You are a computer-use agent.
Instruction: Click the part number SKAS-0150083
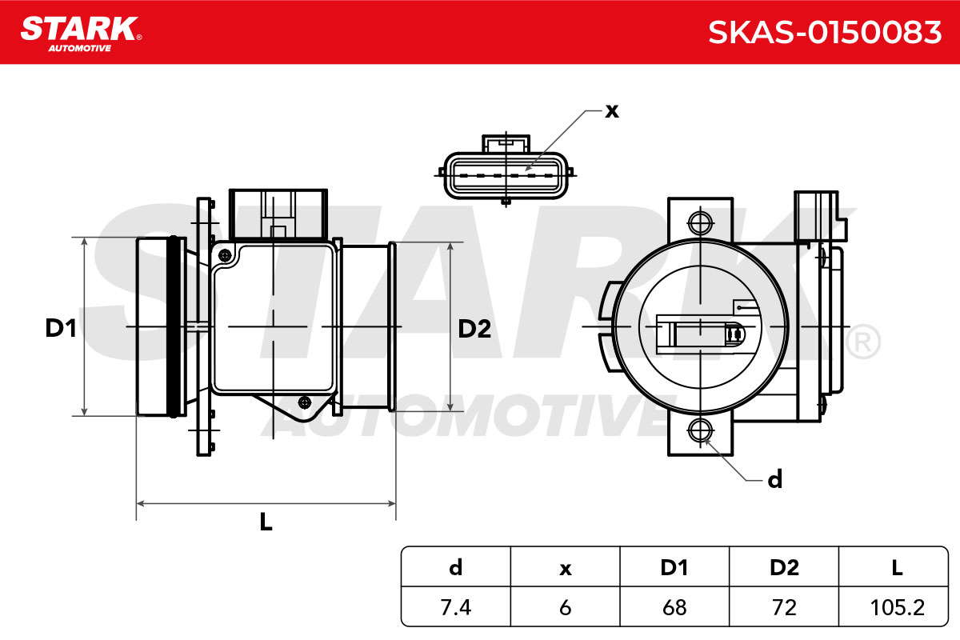point(825,33)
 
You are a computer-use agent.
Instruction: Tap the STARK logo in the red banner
point(81,34)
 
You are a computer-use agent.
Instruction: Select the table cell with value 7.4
point(455,607)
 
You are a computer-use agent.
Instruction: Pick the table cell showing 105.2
point(897,607)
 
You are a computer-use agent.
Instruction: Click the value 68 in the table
point(674,607)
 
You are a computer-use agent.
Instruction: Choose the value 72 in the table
point(784,607)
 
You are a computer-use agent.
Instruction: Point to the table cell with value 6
point(566,607)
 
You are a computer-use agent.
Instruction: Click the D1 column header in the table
point(674,567)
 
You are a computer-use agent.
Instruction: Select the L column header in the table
point(897,567)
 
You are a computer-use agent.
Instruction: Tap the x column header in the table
point(566,567)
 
